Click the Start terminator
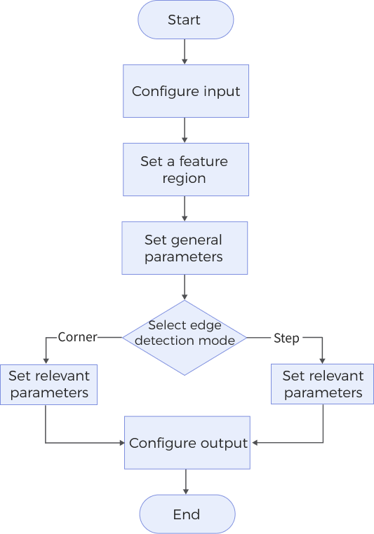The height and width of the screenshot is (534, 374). (x=185, y=20)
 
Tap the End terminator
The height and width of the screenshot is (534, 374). (x=186, y=514)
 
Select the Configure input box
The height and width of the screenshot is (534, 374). (x=186, y=91)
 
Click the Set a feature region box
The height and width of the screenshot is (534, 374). (x=185, y=170)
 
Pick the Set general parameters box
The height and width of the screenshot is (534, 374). (x=184, y=248)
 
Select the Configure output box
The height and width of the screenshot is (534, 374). (x=187, y=443)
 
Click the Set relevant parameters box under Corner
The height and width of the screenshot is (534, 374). (x=48, y=385)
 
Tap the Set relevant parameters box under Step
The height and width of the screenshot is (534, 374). (x=323, y=385)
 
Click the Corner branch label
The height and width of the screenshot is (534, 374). (x=77, y=338)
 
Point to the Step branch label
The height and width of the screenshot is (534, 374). (x=286, y=338)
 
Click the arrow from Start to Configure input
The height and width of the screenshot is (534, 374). (x=185, y=51)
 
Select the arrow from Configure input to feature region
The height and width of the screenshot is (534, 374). (x=185, y=130)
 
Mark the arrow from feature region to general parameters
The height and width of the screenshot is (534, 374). (x=185, y=208)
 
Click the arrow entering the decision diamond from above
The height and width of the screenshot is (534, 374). (x=185, y=287)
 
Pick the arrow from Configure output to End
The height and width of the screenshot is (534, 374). (x=186, y=481)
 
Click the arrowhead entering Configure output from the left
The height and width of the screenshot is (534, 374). (x=121, y=443)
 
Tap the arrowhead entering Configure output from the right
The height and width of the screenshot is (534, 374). (x=255, y=443)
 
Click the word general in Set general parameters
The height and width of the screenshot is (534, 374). (x=196, y=240)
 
